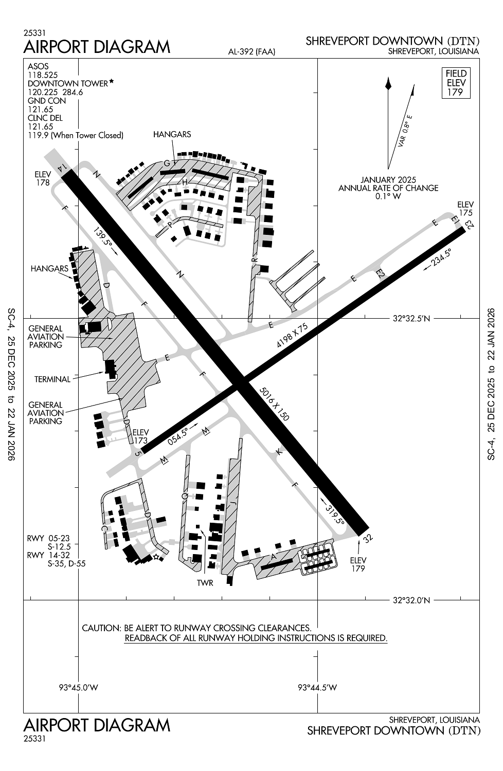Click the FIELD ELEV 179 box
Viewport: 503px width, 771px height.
tap(456, 83)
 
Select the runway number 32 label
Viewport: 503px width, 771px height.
tap(367, 539)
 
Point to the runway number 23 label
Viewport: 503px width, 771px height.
tap(468, 224)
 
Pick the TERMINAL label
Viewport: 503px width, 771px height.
tap(52, 379)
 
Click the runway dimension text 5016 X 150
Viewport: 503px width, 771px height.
tap(275, 404)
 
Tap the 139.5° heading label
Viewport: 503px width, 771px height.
tap(103, 237)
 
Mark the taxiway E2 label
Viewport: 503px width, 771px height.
tap(380, 273)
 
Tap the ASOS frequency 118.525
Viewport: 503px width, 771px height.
tap(42, 75)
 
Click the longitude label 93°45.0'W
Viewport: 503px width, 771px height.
tap(78, 687)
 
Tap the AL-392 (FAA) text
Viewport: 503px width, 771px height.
tap(252, 51)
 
